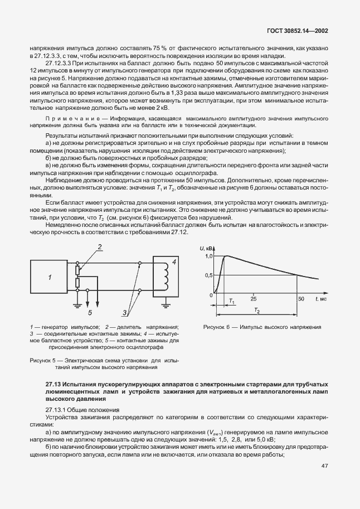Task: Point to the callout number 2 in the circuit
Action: [84, 246]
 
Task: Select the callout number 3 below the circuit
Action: [125, 313]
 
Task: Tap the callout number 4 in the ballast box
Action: [174, 260]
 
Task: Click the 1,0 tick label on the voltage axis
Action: [208, 256]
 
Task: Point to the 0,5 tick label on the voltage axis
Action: [208, 275]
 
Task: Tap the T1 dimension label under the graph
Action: [232, 302]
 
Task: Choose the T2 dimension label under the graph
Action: [257, 310]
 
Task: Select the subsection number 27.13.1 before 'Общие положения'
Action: [56, 410]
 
